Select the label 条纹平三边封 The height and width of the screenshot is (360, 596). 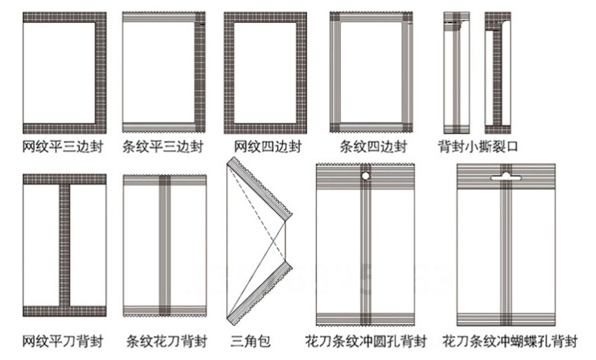click(x=163, y=146)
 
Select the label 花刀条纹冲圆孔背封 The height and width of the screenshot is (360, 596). click(x=366, y=341)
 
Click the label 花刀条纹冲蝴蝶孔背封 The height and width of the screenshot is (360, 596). click(x=510, y=341)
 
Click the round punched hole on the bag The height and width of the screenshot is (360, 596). click(x=366, y=176)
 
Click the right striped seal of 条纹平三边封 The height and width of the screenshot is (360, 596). click(x=199, y=72)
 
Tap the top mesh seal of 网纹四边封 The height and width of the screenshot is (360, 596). click(x=265, y=17)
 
